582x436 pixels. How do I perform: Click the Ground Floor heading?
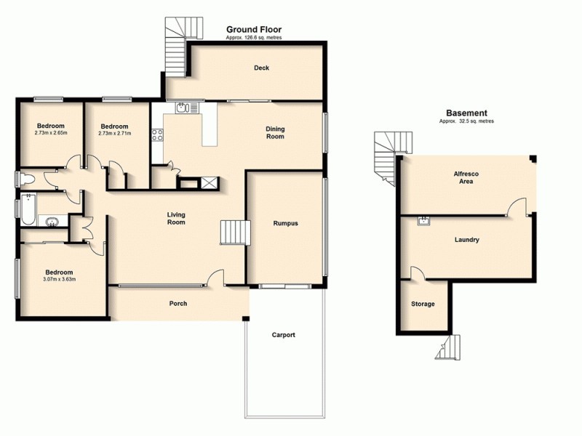[x=253, y=30]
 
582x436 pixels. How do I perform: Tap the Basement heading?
[x=466, y=113]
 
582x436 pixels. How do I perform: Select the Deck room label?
[x=261, y=68]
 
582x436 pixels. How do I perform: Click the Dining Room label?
[x=275, y=133]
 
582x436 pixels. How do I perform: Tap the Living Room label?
[x=176, y=218]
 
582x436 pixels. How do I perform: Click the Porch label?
[x=178, y=304]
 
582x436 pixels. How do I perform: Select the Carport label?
[x=284, y=335]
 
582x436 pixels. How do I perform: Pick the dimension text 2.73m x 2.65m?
[x=51, y=133]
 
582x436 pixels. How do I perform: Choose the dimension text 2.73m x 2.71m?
[x=114, y=133]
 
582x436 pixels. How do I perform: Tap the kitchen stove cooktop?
[x=156, y=134]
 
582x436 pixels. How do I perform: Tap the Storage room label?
[x=423, y=304]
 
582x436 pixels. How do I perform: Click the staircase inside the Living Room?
[x=235, y=233]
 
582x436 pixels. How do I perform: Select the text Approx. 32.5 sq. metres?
[x=466, y=121]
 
